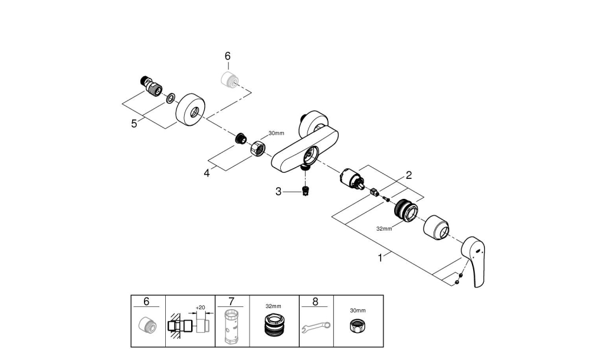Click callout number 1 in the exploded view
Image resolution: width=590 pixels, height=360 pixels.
[381, 258]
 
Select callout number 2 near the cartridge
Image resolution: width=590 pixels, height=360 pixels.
[408, 175]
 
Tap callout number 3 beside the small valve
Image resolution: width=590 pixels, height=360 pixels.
[278, 191]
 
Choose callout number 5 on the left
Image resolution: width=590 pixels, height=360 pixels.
[134, 123]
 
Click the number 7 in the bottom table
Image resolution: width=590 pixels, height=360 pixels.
[230, 302]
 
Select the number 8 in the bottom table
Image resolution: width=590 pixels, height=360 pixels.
[315, 302]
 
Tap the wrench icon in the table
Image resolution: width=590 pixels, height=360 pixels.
[316, 326]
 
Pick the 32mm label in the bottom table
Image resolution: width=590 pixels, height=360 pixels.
[273, 307]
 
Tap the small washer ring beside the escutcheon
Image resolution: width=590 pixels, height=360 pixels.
[170, 98]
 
